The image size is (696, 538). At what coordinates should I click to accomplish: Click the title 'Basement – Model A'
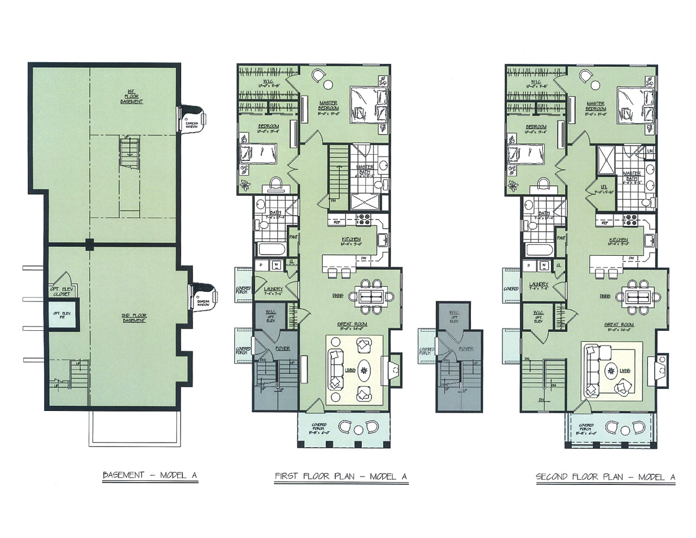click(x=150, y=475)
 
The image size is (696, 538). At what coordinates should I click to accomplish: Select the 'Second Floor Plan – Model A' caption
click(x=605, y=477)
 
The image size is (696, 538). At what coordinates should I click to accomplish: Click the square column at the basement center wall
click(x=89, y=244)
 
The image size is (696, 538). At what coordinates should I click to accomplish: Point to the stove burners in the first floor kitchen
click(x=360, y=217)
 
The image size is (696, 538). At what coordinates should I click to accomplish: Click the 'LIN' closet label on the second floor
click(x=650, y=151)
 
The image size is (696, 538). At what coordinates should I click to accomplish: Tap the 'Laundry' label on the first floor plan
click(x=273, y=289)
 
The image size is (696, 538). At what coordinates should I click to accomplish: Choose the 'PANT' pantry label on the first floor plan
click(x=293, y=238)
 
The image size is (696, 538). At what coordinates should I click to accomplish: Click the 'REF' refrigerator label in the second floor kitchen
click(x=605, y=223)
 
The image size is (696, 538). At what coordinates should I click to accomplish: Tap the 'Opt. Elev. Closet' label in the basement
click(x=62, y=291)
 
